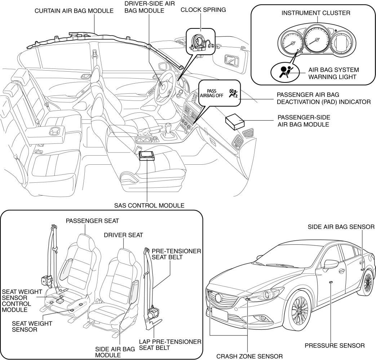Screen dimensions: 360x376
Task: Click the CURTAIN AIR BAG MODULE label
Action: point(74,11)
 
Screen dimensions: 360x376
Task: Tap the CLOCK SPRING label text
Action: point(203,10)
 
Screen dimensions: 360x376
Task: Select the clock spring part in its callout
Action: point(199,42)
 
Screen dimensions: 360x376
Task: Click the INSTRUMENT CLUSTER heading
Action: point(315,13)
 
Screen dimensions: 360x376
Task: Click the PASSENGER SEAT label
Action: point(87,220)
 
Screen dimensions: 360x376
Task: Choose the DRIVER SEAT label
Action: point(123,235)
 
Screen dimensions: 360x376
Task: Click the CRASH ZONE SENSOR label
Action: point(249,356)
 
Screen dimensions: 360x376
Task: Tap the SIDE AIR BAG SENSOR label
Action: point(341,227)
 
